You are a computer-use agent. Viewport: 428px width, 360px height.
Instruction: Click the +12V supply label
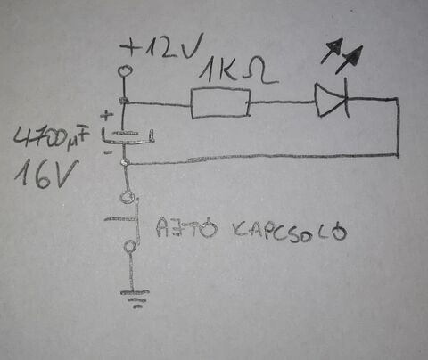click(161, 45)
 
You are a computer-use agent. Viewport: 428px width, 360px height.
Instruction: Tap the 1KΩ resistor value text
click(238, 70)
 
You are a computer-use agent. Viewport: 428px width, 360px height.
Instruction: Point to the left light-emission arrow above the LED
click(332, 51)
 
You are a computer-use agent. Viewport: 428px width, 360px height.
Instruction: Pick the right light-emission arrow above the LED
click(350, 60)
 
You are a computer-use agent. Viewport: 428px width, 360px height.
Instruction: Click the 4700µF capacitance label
click(51, 137)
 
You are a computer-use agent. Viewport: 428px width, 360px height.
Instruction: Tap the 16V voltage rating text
click(46, 174)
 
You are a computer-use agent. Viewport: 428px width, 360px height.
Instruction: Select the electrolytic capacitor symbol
click(128, 137)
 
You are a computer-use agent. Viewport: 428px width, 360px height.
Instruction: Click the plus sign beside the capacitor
click(107, 115)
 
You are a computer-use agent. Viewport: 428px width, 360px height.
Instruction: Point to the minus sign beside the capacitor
click(108, 152)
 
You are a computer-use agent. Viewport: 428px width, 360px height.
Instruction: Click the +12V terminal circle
click(124, 71)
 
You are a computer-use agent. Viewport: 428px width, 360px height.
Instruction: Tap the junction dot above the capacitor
click(123, 101)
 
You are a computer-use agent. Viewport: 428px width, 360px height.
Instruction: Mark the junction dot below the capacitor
click(124, 162)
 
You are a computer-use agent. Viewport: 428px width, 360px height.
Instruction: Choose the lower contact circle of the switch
click(130, 246)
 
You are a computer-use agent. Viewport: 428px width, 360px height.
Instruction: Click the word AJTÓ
click(186, 228)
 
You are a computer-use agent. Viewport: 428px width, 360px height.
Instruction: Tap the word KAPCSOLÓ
click(289, 232)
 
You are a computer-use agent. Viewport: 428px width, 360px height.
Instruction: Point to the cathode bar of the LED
click(346, 98)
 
